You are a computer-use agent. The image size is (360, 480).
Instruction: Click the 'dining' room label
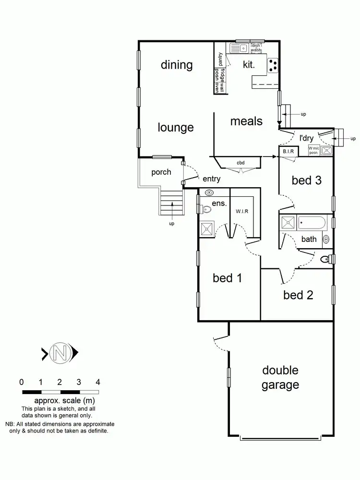click(x=177, y=65)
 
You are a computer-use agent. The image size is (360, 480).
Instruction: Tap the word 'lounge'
click(x=176, y=127)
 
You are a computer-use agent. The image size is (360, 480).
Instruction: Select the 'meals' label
click(x=246, y=121)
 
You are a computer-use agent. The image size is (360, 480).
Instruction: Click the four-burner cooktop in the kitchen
click(x=273, y=65)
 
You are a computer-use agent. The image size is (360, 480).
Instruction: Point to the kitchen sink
click(x=238, y=48)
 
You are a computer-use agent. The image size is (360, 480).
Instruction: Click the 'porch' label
click(x=161, y=172)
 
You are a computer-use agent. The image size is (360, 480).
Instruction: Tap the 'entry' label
click(x=211, y=179)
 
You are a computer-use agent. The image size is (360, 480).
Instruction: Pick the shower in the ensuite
click(x=207, y=228)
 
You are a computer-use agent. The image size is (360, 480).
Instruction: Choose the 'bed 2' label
click(x=298, y=295)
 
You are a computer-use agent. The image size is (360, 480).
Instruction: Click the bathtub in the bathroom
click(x=311, y=223)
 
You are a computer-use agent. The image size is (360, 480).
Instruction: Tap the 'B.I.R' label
click(x=288, y=152)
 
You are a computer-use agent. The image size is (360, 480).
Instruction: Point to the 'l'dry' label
click(x=307, y=138)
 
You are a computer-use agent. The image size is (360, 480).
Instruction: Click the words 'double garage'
click(x=280, y=377)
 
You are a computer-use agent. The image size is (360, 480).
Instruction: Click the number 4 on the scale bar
click(x=98, y=383)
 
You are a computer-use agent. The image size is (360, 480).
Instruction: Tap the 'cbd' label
click(x=240, y=163)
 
